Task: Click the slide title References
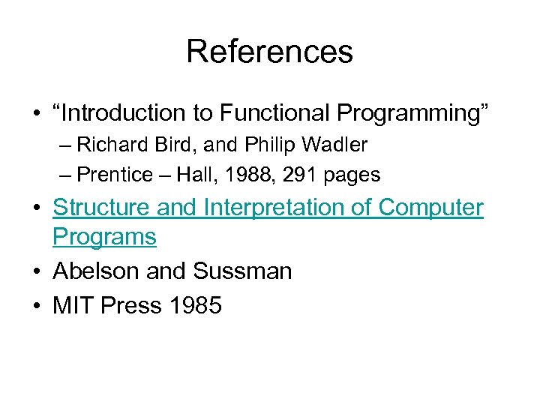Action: tap(269, 52)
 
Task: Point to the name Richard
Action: tap(106, 144)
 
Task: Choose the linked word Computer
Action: tap(430, 207)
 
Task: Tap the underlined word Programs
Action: tap(104, 237)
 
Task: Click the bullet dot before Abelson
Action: tap(36, 271)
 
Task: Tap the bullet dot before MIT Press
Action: tap(36, 305)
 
